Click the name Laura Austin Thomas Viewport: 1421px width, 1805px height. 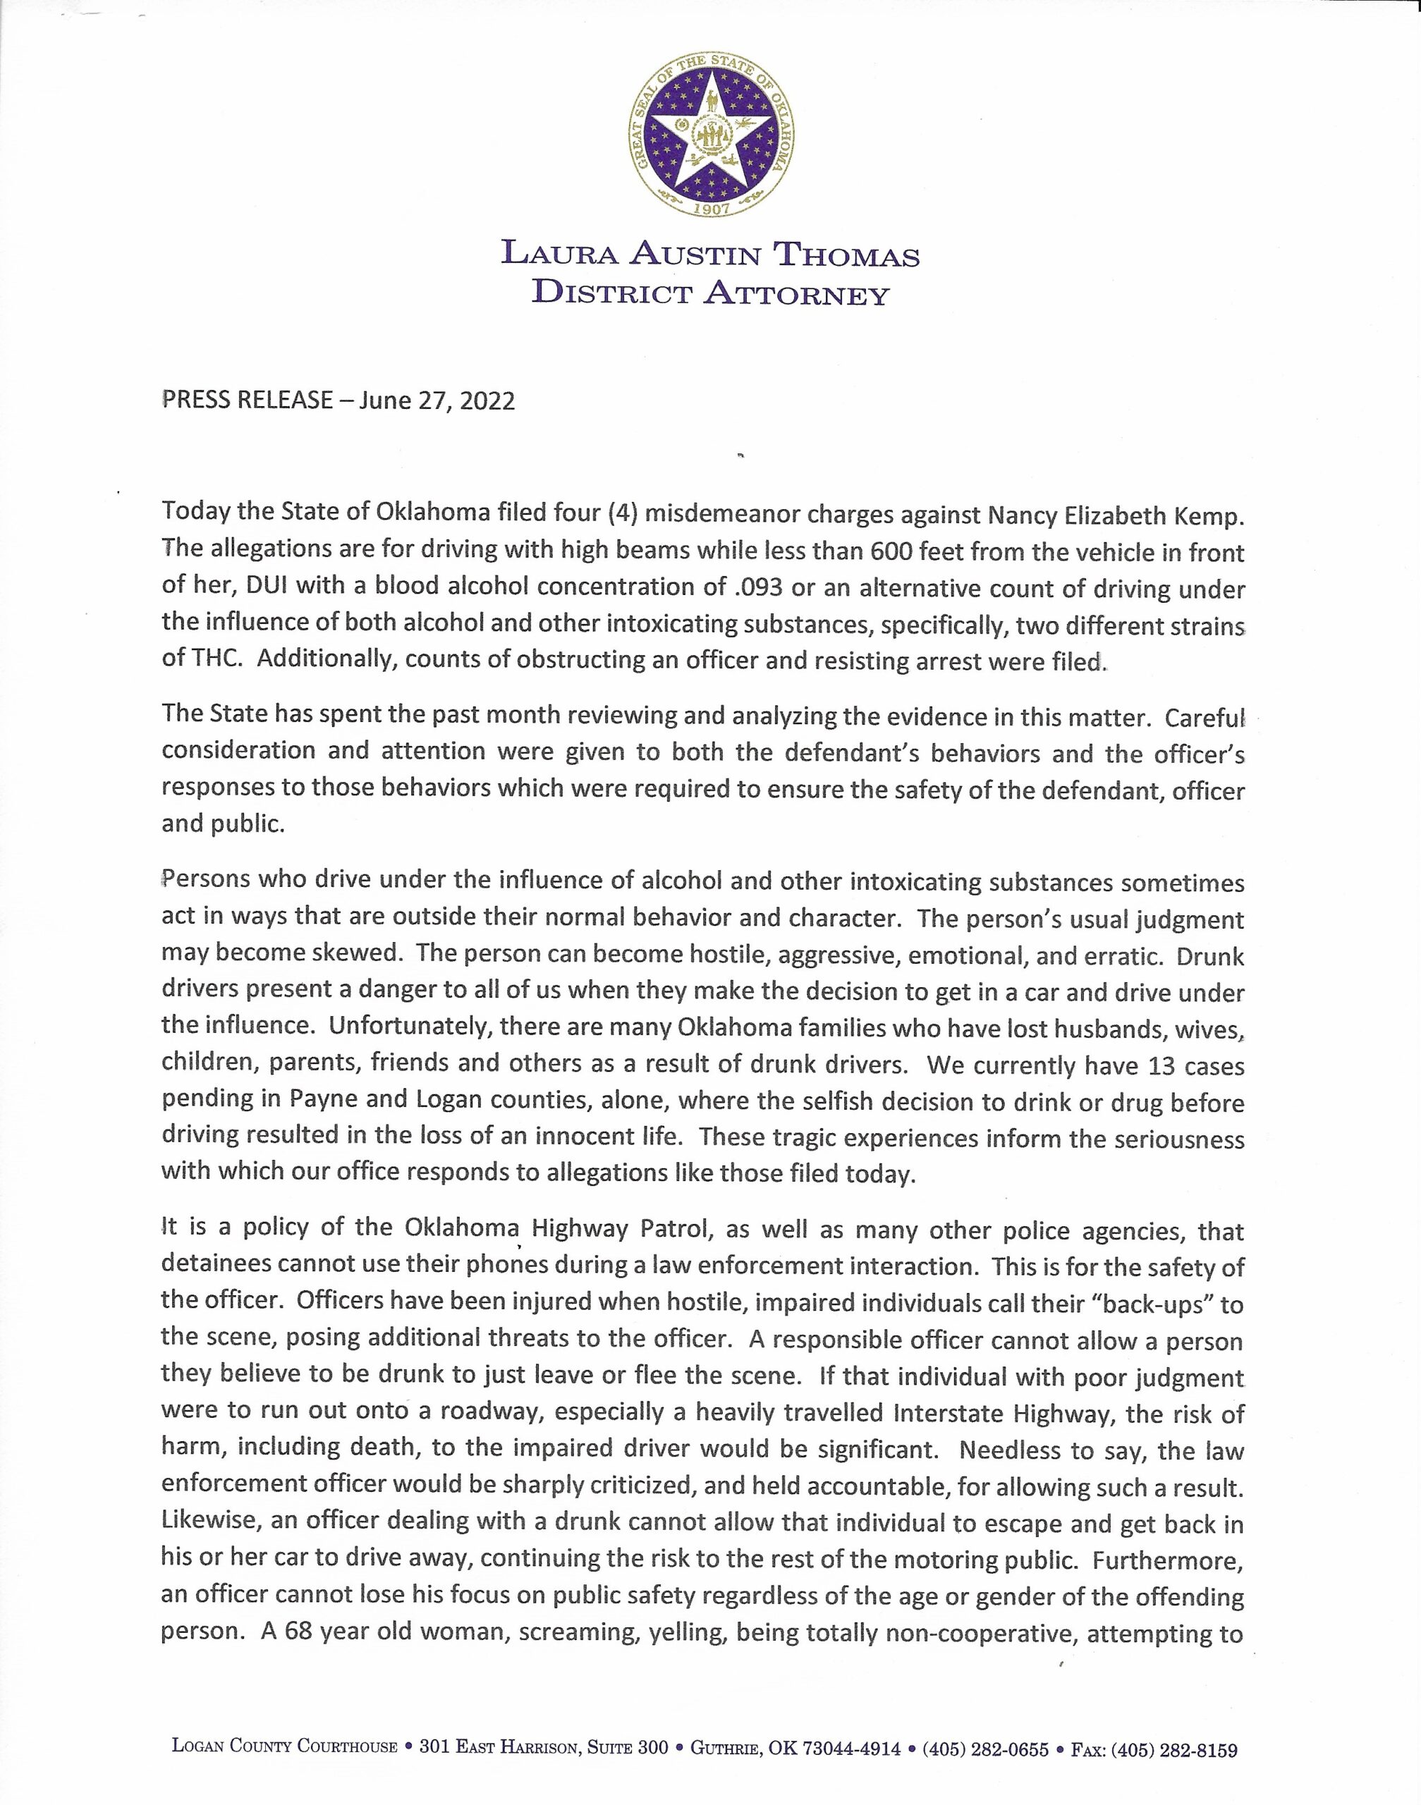click(709, 254)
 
